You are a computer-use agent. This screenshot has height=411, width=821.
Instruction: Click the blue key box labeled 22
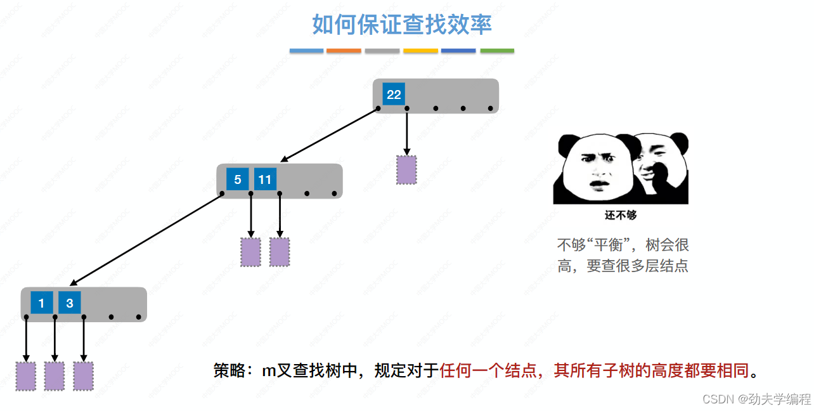(394, 95)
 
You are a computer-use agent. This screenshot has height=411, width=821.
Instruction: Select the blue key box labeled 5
(237, 179)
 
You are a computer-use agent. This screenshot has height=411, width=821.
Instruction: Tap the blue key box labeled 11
(265, 179)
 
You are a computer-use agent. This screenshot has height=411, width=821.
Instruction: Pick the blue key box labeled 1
(41, 303)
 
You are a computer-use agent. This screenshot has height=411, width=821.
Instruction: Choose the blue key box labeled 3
(70, 303)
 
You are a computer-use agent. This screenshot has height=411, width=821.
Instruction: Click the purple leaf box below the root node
(406, 170)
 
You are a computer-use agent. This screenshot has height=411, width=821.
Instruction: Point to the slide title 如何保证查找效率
(402, 25)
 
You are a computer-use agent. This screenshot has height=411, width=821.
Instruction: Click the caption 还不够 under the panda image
(620, 215)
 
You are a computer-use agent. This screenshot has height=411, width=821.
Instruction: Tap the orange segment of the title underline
(344, 51)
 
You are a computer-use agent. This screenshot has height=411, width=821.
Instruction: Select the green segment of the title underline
(497, 51)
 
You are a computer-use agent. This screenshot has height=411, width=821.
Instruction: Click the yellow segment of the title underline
(420, 51)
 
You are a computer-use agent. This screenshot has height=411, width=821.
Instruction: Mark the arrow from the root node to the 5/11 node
(330, 134)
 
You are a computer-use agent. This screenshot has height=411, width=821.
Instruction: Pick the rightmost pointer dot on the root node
(491, 108)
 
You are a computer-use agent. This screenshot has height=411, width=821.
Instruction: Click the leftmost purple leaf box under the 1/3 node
(26, 376)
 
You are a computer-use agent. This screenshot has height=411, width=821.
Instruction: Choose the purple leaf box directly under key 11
(280, 252)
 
